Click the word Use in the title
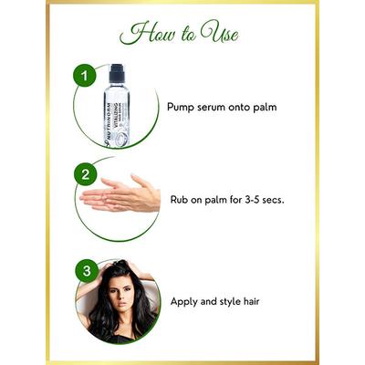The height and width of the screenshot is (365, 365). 220,35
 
